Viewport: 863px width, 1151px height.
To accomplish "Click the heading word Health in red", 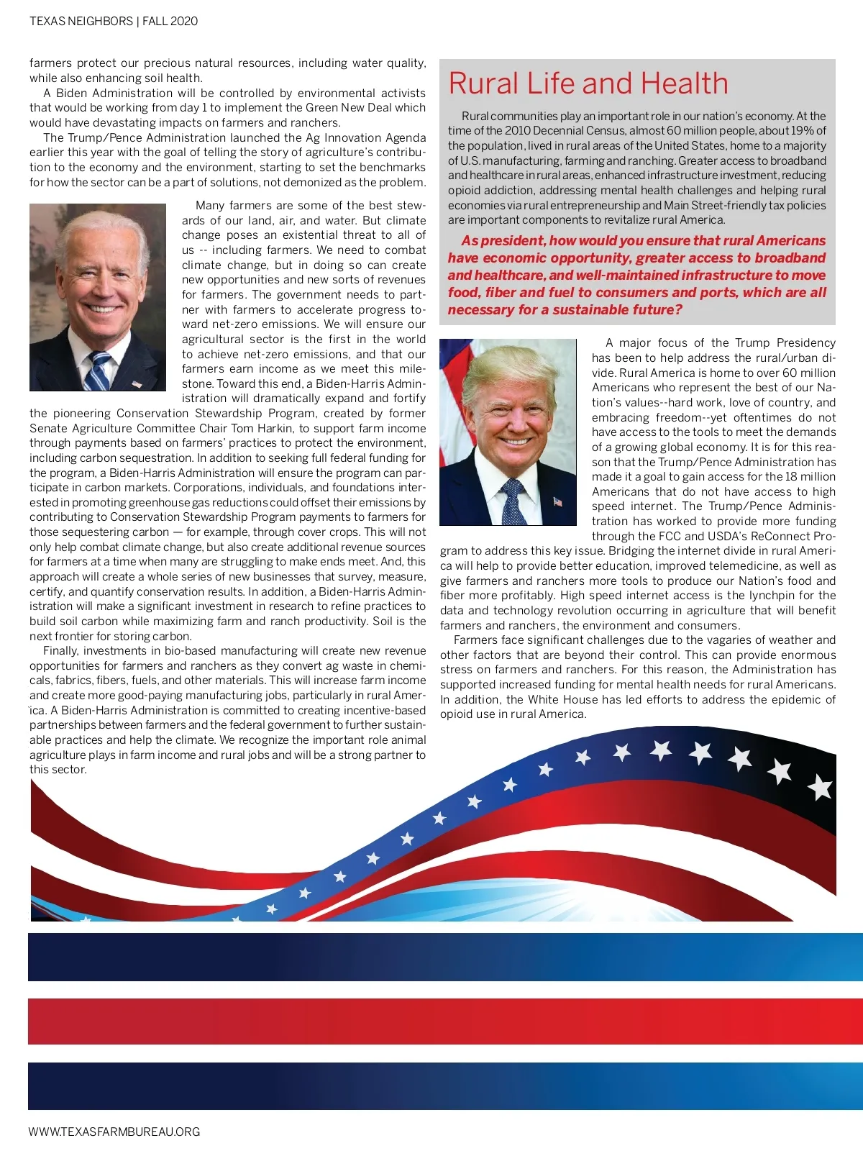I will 684,83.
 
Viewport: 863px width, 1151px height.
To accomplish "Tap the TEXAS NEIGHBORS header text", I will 81,22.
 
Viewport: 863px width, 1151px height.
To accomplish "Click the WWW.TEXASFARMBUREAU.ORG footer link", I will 114,1132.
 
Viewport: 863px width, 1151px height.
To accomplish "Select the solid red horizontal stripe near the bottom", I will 445,1021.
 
